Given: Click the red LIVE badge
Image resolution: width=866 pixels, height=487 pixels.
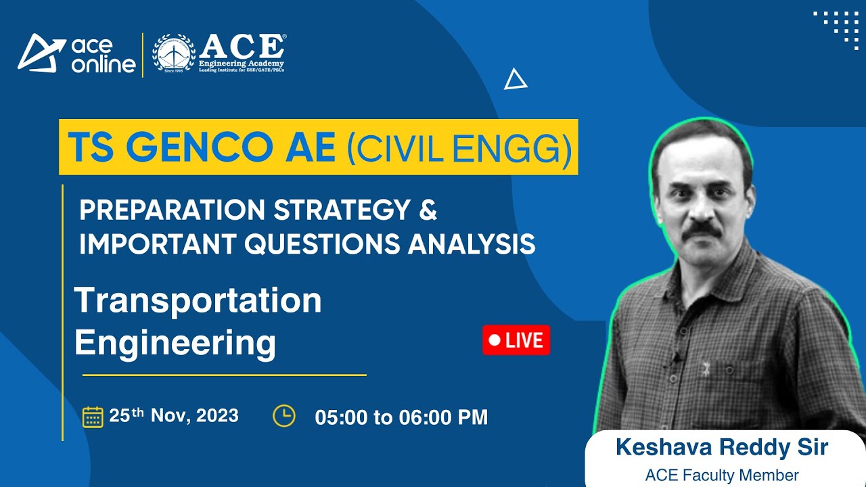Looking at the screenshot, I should click(x=516, y=340).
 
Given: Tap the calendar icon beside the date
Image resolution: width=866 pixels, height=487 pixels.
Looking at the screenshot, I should click(x=93, y=417).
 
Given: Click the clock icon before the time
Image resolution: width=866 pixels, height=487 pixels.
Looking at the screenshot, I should click(x=283, y=416).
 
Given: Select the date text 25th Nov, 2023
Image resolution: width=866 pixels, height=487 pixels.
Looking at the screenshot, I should click(x=174, y=415).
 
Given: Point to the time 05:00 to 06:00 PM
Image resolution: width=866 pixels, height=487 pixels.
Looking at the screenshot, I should click(x=401, y=417).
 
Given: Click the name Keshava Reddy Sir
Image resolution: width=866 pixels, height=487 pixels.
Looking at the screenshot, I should click(x=722, y=448).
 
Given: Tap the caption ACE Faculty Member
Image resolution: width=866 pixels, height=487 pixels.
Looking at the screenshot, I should click(x=722, y=475).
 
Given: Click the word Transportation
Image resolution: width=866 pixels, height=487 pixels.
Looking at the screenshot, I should click(x=198, y=300).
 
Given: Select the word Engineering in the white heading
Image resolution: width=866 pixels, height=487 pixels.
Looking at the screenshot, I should click(x=175, y=342).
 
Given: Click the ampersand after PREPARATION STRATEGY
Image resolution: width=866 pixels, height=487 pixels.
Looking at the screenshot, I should click(x=428, y=210).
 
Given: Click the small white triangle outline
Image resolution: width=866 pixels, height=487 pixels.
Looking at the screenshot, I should click(x=516, y=80).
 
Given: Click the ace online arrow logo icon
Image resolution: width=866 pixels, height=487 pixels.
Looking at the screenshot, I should click(x=41, y=53).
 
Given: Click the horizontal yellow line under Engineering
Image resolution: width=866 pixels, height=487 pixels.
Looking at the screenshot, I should click(x=224, y=375).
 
